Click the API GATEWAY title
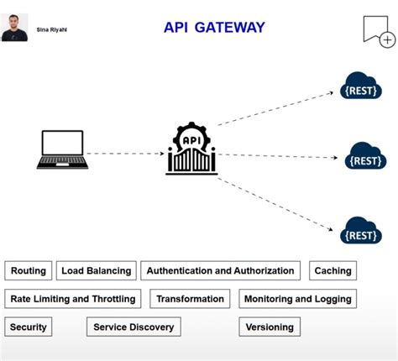pyautogui.click(x=214, y=28)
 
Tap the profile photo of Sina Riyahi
pyautogui.click(x=14, y=27)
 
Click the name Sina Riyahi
pyautogui.click(x=52, y=29)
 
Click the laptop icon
pyautogui.click(x=62, y=149)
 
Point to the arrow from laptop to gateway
pyautogui.click(x=126, y=154)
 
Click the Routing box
pyautogui.click(x=29, y=270)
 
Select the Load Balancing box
pyautogui.click(x=97, y=270)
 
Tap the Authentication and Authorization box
pyautogui.click(x=220, y=270)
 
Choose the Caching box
pyautogui.click(x=333, y=270)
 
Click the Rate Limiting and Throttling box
pyautogui.click(x=72, y=298)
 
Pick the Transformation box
pyautogui.click(x=190, y=298)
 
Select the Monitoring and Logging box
pyautogui.click(x=297, y=298)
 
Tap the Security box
pyautogui.click(x=29, y=327)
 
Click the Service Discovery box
pyautogui.click(x=134, y=327)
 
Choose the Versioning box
pyautogui.click(x=270, y=327)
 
